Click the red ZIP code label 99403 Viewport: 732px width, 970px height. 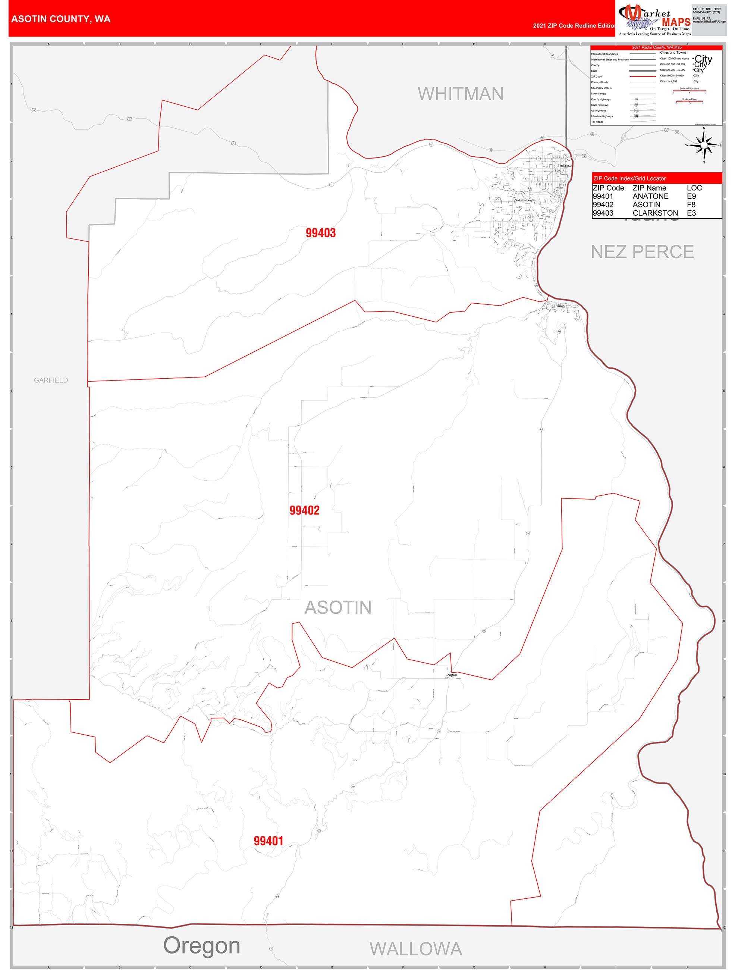pos(320,233)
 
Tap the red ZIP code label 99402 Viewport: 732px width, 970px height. pos(304,510)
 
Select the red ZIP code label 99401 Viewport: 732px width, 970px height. pos(268,841)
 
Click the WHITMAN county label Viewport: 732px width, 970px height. pos(460,94)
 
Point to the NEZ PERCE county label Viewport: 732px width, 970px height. pos(642,252)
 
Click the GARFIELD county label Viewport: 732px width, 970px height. pos(51,380)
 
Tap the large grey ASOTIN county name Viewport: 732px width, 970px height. pos(337,607)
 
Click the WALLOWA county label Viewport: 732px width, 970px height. pos(415,949)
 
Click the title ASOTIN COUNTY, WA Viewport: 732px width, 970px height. pos(61,19)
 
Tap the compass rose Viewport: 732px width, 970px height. pos(704,144)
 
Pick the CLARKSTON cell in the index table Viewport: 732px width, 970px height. pos(655,213)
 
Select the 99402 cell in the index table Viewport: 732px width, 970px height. pos(603,204)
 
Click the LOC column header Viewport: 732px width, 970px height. pos(694,188)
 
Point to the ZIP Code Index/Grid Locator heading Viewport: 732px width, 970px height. pos(629,178)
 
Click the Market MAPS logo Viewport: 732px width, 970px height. pos(654,18)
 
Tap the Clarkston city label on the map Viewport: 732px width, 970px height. pos(565,166)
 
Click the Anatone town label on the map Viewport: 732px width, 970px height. pos(452,675)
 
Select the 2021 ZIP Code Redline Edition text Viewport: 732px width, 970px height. pos(574,25)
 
